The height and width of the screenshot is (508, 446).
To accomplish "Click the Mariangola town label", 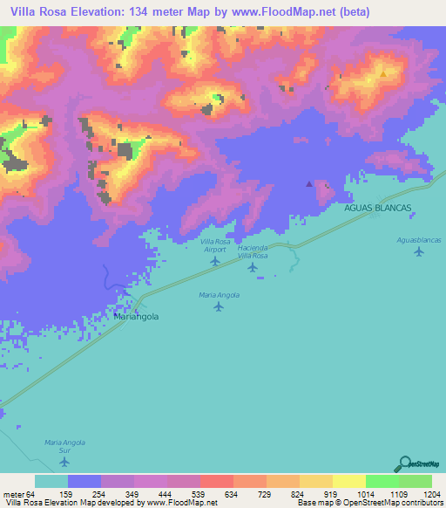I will [x=137, y=318].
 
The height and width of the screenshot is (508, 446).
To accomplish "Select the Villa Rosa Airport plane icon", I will [x=215, y=261].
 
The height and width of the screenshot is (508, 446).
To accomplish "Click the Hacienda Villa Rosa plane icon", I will [x=253, y=267].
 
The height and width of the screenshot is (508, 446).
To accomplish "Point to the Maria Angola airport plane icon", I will [x=218, y=306].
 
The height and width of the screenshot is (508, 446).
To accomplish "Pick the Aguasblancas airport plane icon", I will [x=419, y=251].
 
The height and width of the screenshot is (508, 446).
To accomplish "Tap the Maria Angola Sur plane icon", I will [x=63, y=462].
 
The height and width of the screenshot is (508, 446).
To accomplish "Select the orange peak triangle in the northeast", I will [x=382, y=74].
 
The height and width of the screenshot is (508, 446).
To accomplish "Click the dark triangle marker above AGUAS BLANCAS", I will [x=308, y=184].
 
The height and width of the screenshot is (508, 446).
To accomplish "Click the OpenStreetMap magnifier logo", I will [x=404, y=463].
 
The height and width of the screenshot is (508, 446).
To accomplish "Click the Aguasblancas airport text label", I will [x=419, y=239].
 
